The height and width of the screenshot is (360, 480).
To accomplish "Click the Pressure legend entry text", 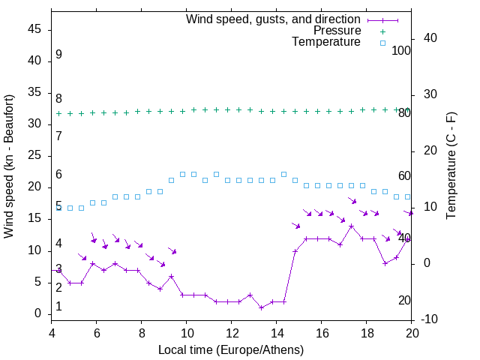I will (x=337, y=31).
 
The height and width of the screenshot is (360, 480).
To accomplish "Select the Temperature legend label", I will (x=326, y=42).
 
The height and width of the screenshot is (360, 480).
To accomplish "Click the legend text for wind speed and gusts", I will (x=273, y=19).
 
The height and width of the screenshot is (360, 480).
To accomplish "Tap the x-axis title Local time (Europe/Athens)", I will (x=231, y=350).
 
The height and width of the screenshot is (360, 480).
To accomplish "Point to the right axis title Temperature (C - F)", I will (x=451, y=166).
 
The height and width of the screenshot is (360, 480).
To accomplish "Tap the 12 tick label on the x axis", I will (x=232, y=334).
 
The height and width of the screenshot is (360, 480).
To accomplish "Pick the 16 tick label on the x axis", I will (x=322, y=334).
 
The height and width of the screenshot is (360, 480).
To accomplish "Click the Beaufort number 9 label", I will (x=58, y=55).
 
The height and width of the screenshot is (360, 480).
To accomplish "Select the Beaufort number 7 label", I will (x=58, y=136).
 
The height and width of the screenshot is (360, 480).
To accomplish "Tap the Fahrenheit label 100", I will (x=401, y=51).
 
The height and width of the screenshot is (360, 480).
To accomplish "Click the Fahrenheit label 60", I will (x=404, y=175).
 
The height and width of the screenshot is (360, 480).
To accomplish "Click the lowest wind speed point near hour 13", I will (x=261, y=307).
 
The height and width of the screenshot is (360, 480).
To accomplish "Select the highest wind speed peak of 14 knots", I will (x=351, y=226).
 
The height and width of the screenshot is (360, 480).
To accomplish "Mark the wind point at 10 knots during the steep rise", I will (x=295, y=251).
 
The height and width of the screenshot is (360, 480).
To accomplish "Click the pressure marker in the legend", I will (x=382, y=31).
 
